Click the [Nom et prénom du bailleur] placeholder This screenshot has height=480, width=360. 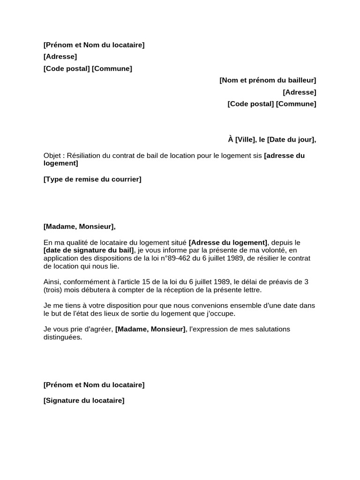click(x=268, y=81)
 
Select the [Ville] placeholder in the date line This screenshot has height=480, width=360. click(x=245, y=139)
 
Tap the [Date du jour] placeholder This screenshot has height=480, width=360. click(x=291, y=139)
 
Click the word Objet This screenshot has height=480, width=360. click(x=52, y=156)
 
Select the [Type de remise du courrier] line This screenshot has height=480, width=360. click(x=92, y=179)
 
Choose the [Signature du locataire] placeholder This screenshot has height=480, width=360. click(x=84, y=401)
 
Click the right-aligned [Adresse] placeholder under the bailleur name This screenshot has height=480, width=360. click(x=300, y=92)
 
